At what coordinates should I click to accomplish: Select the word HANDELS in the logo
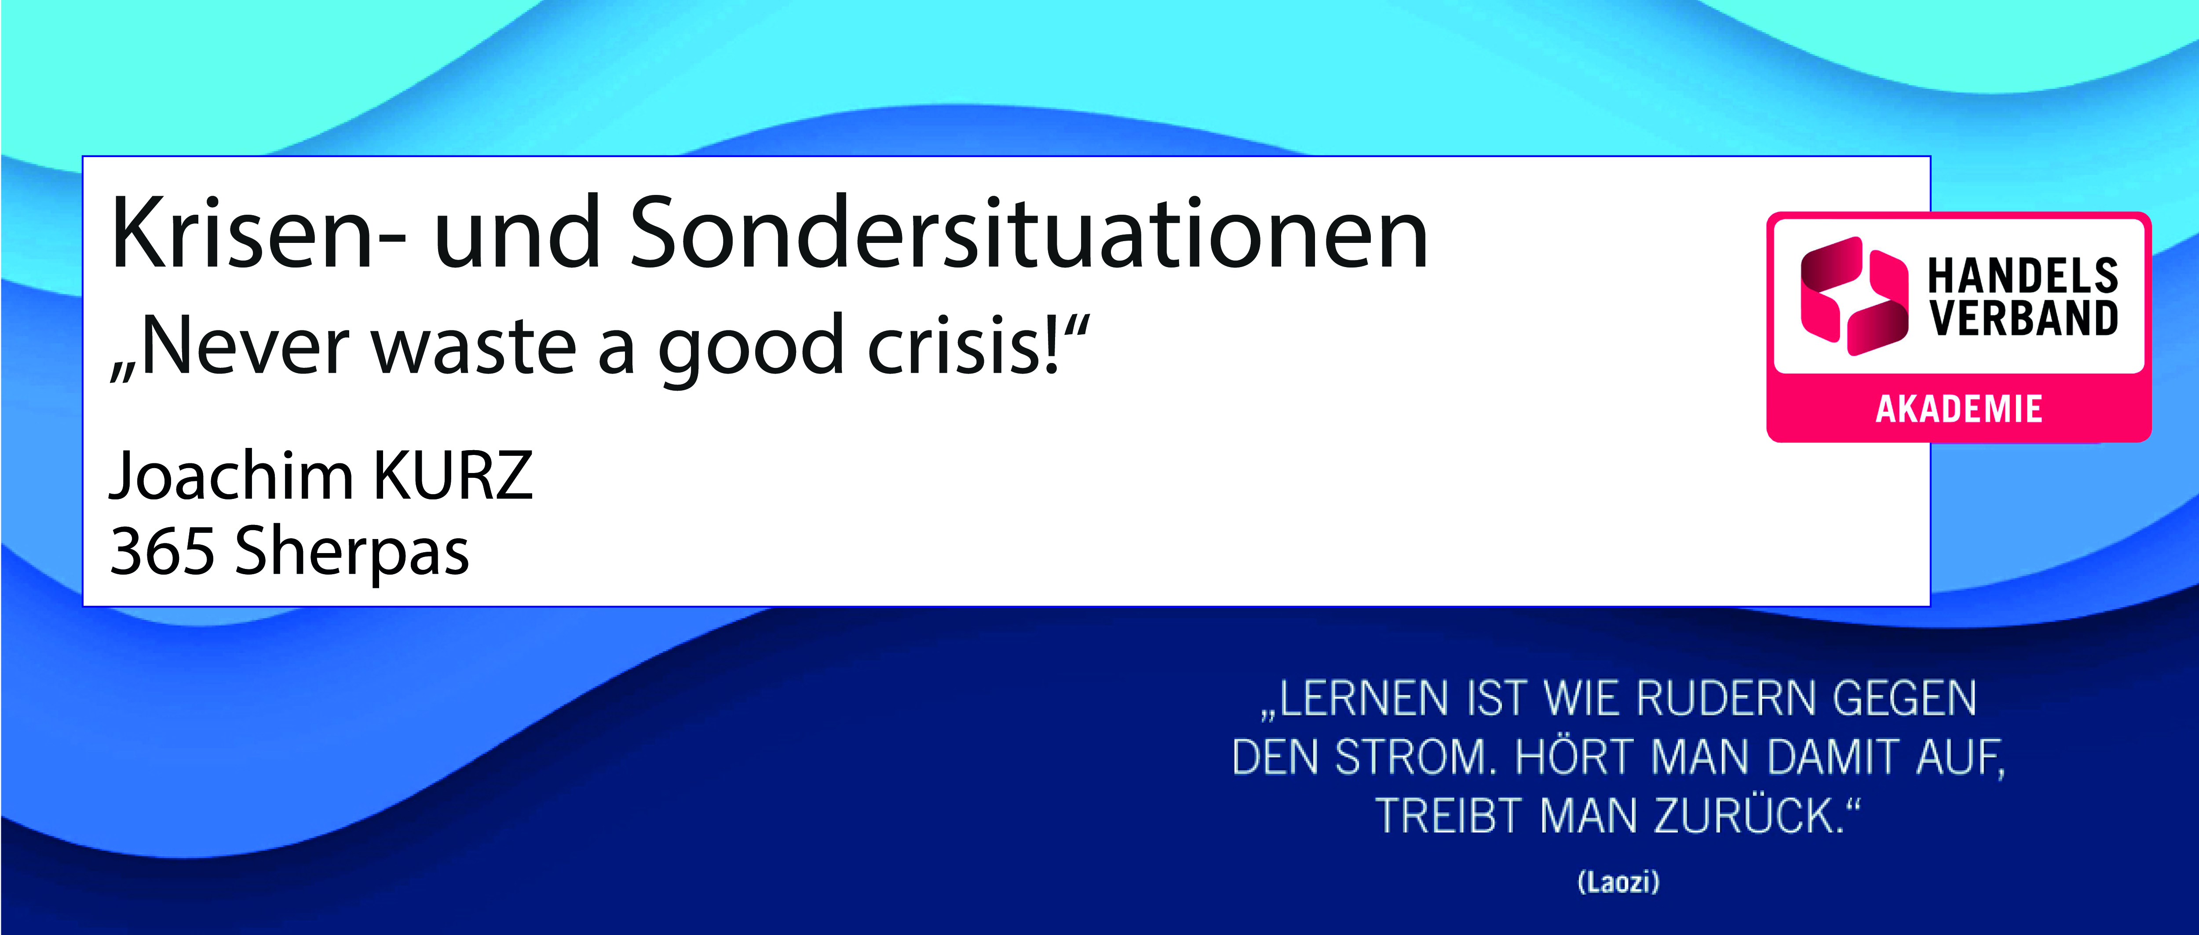(x=2023, y=276)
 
